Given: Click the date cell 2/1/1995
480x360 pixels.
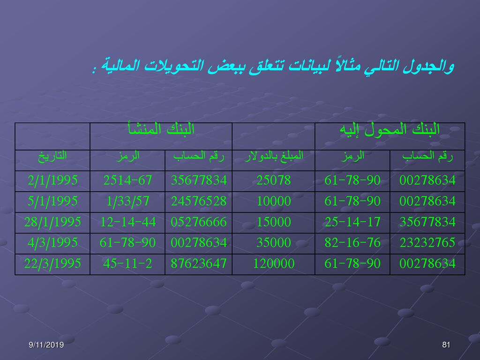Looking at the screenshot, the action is (52, 180).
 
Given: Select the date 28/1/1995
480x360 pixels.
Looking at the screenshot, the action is (52, 222).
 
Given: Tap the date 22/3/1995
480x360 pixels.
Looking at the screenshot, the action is (52, 263).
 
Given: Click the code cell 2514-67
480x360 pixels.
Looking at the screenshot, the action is (127, 180).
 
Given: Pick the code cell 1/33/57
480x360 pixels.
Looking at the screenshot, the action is (127, 201).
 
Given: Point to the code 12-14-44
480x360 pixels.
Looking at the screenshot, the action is (127, 222).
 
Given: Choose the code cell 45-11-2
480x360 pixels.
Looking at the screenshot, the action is (127, 263).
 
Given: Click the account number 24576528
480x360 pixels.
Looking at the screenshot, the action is (199, 201).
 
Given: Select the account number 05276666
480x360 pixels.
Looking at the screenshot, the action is (199, 222).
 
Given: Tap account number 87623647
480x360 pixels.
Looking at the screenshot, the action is (199, 263).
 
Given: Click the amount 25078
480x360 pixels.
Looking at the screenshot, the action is (274, 180).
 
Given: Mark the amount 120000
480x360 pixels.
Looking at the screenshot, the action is (274, 263).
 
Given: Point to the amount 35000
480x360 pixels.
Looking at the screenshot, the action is (274, 243).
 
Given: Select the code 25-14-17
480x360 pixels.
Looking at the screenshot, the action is (352, 222).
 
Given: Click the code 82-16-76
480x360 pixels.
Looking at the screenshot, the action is (352, 243).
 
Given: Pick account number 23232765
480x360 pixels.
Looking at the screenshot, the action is (427, 243).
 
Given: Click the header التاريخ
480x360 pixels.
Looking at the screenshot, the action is (52, 156).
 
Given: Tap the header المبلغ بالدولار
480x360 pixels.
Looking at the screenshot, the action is (274, 156).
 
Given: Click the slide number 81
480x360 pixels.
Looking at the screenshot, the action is (446, 345).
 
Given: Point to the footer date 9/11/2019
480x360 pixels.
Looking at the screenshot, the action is (46, 345).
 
